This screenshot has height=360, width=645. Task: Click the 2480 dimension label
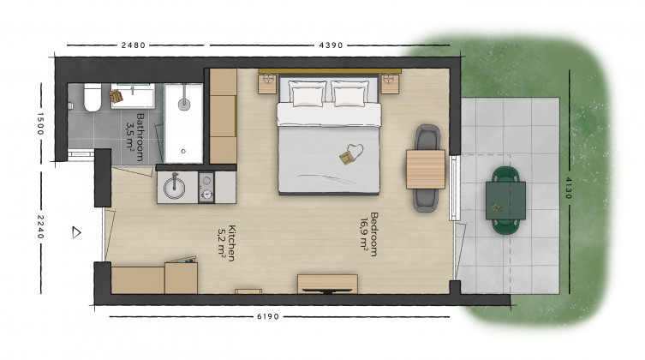pos(134,45)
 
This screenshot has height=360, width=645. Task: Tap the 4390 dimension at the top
pos(331,45)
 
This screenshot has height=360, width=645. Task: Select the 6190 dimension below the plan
pos(268,316)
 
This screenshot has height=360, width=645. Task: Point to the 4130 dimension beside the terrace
pos(569,188)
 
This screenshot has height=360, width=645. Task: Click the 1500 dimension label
pos(40,123)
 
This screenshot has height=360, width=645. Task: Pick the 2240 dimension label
pos(40,226)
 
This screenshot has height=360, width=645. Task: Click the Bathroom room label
pos(135,137)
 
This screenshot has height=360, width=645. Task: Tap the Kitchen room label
pos(227,243)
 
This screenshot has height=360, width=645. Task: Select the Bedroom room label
pos(369,234)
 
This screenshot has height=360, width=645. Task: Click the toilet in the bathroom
pos(93,97)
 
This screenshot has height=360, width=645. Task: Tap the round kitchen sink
pos(175,188)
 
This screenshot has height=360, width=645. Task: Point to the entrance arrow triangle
pos(76,232)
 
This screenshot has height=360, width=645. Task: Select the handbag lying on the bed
pos(351,153)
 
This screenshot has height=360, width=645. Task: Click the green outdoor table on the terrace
pos(505,201)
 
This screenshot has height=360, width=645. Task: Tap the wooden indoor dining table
pos(426,169)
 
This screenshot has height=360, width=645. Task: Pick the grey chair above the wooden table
pos(427,137)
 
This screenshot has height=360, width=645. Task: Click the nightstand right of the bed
pos(390,83)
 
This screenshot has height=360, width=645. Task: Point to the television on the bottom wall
pos(327,291)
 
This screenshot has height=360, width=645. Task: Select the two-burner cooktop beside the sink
pos(206,187)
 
